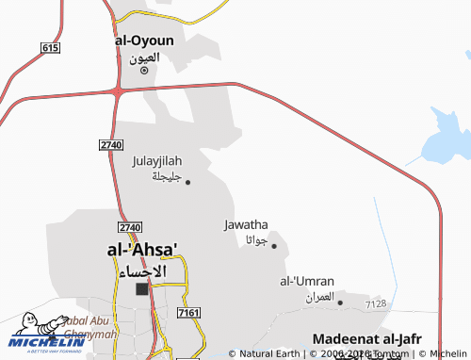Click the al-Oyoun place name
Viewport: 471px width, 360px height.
143,41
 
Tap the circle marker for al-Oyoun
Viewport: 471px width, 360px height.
144,70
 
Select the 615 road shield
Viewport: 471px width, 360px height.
50,47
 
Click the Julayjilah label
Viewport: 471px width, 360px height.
157,161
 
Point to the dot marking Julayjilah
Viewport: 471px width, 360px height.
187,182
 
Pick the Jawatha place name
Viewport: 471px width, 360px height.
247,224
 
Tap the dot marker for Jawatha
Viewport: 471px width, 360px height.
274,246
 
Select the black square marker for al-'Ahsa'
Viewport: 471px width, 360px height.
143,289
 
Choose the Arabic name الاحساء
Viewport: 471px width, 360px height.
141,270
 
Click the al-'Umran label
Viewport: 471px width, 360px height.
307,281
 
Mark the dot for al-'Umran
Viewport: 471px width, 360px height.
341,303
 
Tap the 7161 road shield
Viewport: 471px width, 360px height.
188,311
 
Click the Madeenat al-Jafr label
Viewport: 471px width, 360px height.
366,338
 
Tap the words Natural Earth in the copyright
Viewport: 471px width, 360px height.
269,354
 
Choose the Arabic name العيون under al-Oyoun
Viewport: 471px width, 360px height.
144,57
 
